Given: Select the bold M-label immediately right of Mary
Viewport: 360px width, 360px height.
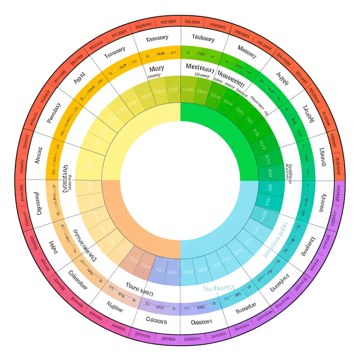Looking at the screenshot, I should [200, 67].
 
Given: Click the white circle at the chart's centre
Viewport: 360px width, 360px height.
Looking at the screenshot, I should [180, 180].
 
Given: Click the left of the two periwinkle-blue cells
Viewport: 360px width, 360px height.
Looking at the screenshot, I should [160, 270].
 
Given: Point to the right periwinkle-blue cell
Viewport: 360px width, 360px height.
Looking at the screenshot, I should [173, 271].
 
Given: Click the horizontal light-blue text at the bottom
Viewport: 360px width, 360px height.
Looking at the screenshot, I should [219, 288].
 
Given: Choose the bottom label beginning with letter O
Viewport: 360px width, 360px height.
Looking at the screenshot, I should [202, 322].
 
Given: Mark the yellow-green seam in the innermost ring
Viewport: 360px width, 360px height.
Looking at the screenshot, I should [180, 112].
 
